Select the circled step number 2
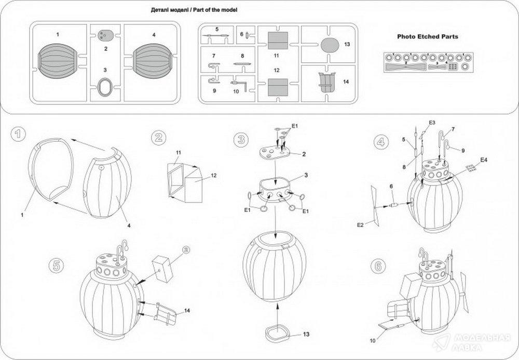point(158,138)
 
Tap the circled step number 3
point(240,138)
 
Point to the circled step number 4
point(381,140)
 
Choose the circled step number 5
point(55,264)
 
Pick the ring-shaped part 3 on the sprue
point(105,85)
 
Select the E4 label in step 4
point(484,159)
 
